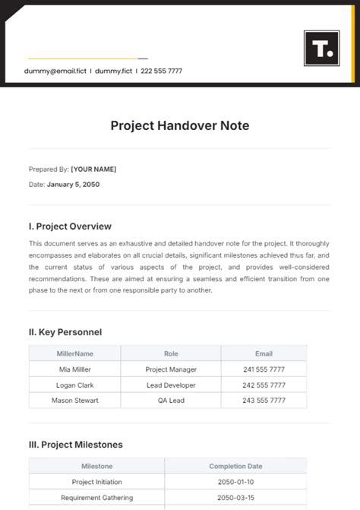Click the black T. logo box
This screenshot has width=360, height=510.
pos(322,49)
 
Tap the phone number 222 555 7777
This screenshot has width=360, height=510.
pos(161,71)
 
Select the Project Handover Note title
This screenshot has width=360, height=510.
pos(180,125)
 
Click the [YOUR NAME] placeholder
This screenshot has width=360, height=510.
pos(93,169)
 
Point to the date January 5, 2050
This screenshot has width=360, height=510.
pos(73,185)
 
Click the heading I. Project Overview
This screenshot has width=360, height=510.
pos(70,226)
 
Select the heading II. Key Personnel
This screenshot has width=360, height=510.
pos(65,332)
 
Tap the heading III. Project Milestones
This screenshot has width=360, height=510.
pos(75,445)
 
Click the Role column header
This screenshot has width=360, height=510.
pos(171,353)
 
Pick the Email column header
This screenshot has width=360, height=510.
pos(264,353)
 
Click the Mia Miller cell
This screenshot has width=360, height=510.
pos(74,369)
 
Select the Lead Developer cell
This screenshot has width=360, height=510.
pos(171,385)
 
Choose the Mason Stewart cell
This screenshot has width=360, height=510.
pos(74,400)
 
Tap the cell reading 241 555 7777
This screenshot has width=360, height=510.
pos(264,369)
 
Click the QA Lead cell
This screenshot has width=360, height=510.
pos(171,400)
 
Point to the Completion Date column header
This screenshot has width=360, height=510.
pos(235,466)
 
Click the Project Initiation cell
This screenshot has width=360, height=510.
pos(96,482)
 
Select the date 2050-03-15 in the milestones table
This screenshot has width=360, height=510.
pos(235,498)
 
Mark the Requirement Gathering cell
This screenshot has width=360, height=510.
pos(96,498)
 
